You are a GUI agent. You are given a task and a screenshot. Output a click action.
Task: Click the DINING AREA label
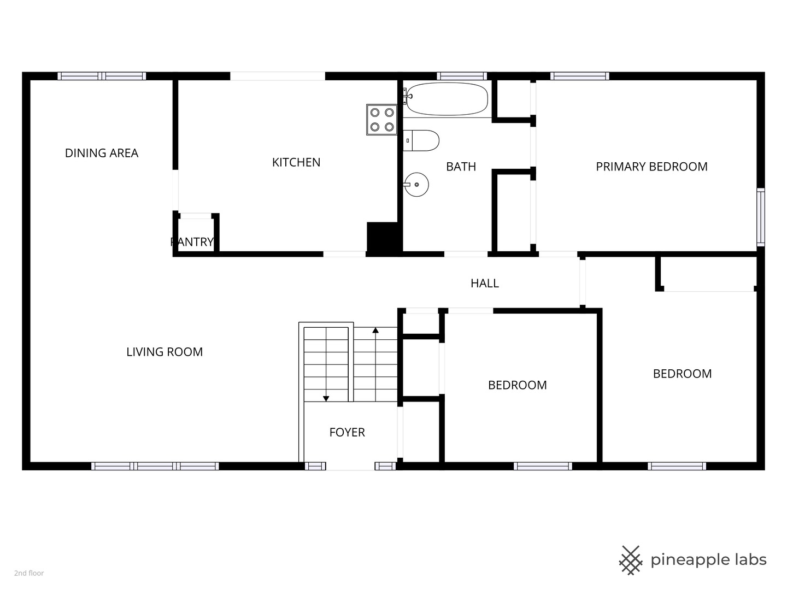pos(102,153)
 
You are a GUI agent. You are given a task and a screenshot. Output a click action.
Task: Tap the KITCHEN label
pos(296,162)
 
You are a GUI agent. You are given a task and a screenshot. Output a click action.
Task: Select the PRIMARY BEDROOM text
pos(651,167)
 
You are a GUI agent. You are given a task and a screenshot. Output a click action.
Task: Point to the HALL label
pos(485,284)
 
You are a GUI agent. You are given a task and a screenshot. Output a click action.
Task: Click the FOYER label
pos(347,432)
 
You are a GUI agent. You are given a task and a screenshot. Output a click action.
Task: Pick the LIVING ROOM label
pos(165,352)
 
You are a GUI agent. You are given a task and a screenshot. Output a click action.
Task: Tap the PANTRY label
pos(192,242)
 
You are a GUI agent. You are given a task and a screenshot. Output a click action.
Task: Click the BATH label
pos(461,167)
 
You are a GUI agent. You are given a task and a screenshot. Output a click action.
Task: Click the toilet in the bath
pos(421,140)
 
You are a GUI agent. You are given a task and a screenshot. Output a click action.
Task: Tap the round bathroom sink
pos(416,185)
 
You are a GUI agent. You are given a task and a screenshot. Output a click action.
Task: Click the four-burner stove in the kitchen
pos(382,120)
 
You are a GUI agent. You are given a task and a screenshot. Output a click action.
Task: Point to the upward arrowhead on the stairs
pos(375,331)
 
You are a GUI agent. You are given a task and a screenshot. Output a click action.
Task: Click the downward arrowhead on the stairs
pos(326,399)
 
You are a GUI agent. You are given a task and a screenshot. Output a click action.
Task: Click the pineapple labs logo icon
pos(631,560)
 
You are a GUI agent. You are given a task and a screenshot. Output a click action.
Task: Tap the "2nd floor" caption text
pos(29,573)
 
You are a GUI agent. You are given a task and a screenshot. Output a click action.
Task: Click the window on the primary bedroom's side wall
pos(760,217)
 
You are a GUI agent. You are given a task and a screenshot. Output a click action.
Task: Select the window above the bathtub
pos(462,76)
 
